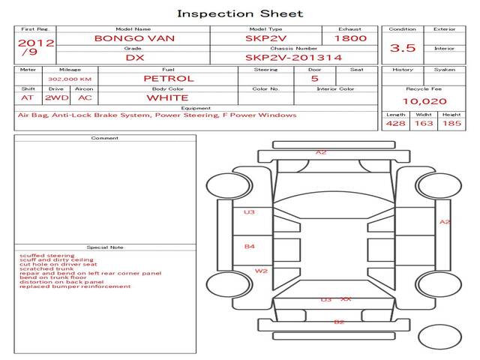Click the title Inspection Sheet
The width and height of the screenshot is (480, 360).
240,13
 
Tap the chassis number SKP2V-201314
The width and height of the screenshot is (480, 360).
293,57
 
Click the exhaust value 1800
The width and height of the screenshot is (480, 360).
350,37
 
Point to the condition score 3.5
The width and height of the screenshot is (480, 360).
403,48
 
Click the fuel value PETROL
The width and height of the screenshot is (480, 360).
168,78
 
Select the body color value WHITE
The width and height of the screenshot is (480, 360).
167,97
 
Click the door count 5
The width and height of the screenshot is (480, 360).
314,78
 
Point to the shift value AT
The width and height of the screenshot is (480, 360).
28,97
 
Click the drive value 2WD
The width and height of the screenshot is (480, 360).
55,97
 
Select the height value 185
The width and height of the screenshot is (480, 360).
451,123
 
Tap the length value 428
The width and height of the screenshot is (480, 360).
395,123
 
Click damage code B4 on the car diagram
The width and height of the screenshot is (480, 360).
250,246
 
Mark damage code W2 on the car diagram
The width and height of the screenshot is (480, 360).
261,271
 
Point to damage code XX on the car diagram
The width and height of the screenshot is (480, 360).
346,299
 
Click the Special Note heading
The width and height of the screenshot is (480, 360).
105,247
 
